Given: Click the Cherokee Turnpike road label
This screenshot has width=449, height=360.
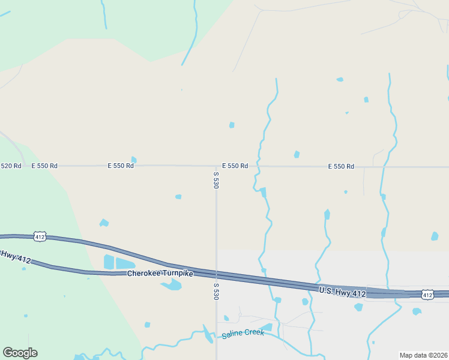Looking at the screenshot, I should point(160,274).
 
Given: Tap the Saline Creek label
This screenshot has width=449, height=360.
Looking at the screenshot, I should point(243,334).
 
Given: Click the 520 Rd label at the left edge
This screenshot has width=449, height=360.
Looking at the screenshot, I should point(11,166).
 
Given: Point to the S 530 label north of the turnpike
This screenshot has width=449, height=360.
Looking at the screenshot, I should point(216,180).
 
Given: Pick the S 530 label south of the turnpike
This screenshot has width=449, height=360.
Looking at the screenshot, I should point(216,293).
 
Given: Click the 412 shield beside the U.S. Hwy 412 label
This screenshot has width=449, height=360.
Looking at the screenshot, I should point(427,295).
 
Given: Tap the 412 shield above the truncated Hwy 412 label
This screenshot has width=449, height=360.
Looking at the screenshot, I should point(40,236).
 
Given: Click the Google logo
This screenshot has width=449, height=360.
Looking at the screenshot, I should point(20,352).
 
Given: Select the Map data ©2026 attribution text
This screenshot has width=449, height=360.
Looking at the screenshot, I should point(423,355).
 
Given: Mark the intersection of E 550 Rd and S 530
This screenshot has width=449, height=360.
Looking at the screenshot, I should point(216,166).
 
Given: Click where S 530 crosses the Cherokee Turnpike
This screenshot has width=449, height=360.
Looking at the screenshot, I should point(216,274).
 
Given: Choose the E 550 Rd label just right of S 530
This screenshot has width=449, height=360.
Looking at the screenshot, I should point(235,166).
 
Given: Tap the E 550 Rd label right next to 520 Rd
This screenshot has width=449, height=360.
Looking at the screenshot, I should point(44,166).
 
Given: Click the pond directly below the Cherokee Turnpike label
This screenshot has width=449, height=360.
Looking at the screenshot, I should point(171,285).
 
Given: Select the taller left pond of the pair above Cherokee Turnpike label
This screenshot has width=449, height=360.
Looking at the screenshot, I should point(109,262).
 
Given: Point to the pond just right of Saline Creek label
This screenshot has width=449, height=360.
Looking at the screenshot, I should point(267,328).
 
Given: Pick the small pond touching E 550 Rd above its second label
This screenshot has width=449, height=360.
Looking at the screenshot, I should point(134,160).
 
